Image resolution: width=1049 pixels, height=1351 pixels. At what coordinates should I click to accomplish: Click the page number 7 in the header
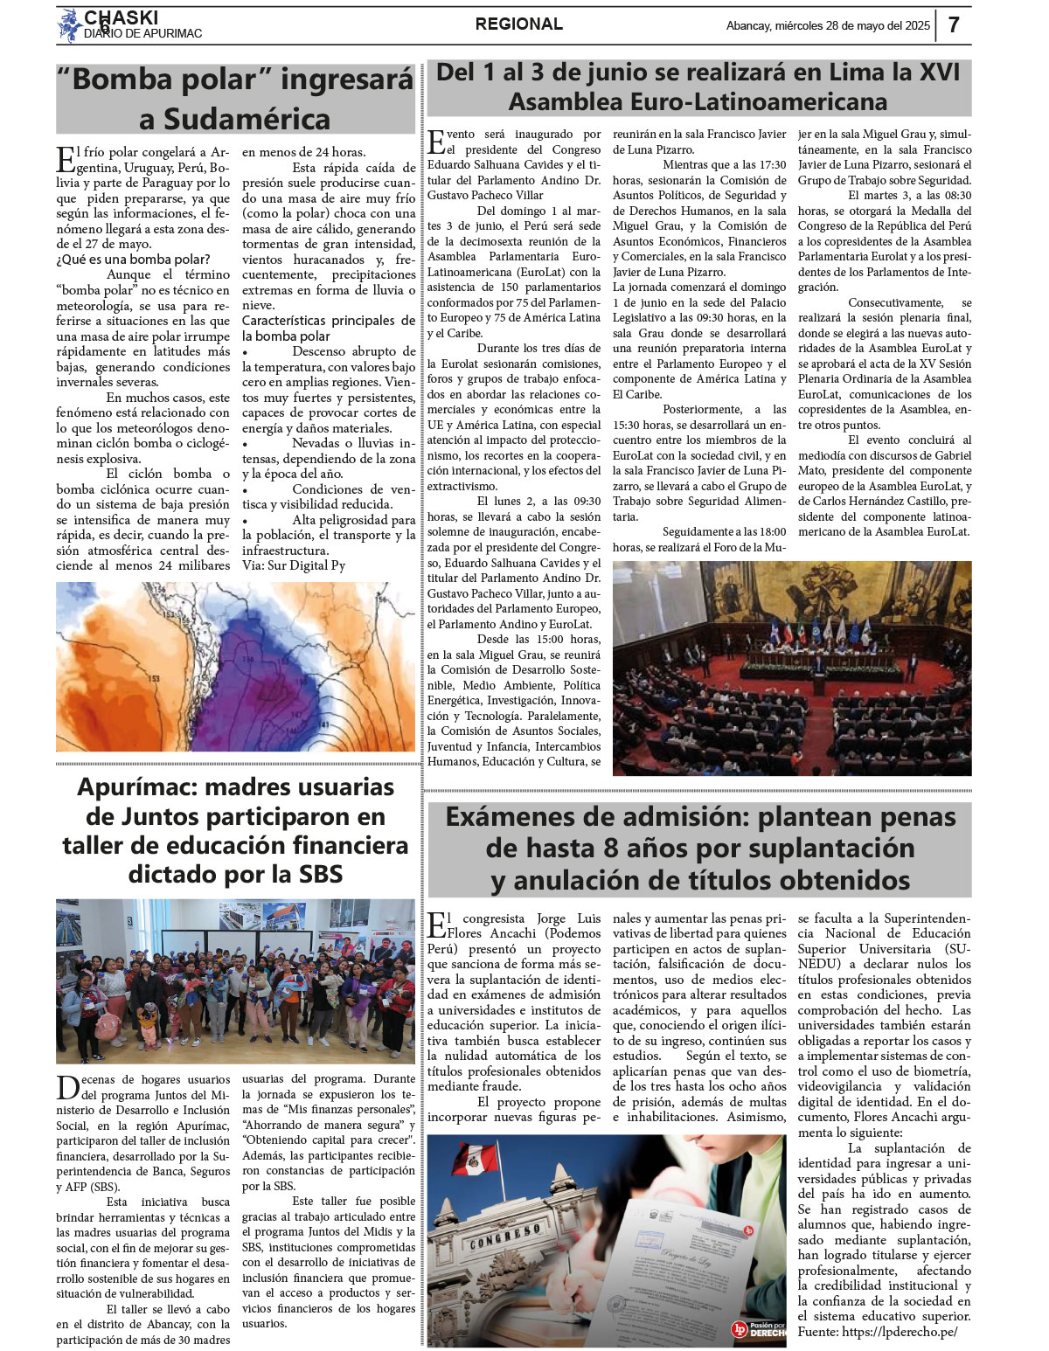954,24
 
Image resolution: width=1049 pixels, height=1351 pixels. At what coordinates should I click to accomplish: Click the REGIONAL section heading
519,24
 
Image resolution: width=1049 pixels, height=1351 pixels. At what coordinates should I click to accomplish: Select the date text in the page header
828,26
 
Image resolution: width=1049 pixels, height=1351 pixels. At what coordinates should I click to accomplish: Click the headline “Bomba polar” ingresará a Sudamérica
234,98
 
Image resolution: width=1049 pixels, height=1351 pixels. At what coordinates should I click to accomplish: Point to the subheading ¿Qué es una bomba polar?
133,259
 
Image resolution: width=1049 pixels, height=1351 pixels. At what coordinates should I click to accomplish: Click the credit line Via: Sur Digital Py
293,565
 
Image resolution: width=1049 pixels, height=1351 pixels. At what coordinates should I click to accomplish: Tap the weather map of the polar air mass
235,666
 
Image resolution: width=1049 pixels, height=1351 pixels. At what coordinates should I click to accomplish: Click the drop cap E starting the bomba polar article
66,160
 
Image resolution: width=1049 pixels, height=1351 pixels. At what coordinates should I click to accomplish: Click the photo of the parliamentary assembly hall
791,668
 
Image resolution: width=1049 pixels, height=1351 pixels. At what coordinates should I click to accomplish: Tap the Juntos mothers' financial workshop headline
234,830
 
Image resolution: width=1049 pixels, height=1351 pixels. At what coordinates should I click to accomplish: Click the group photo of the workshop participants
235,980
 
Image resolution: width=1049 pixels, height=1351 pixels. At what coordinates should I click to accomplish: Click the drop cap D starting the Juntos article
67,1088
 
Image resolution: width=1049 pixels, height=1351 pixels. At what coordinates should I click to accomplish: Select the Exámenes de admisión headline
698,849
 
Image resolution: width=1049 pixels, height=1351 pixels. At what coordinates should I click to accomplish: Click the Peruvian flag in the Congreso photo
473,1160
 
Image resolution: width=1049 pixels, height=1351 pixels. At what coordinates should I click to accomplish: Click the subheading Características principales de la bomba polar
328,328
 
